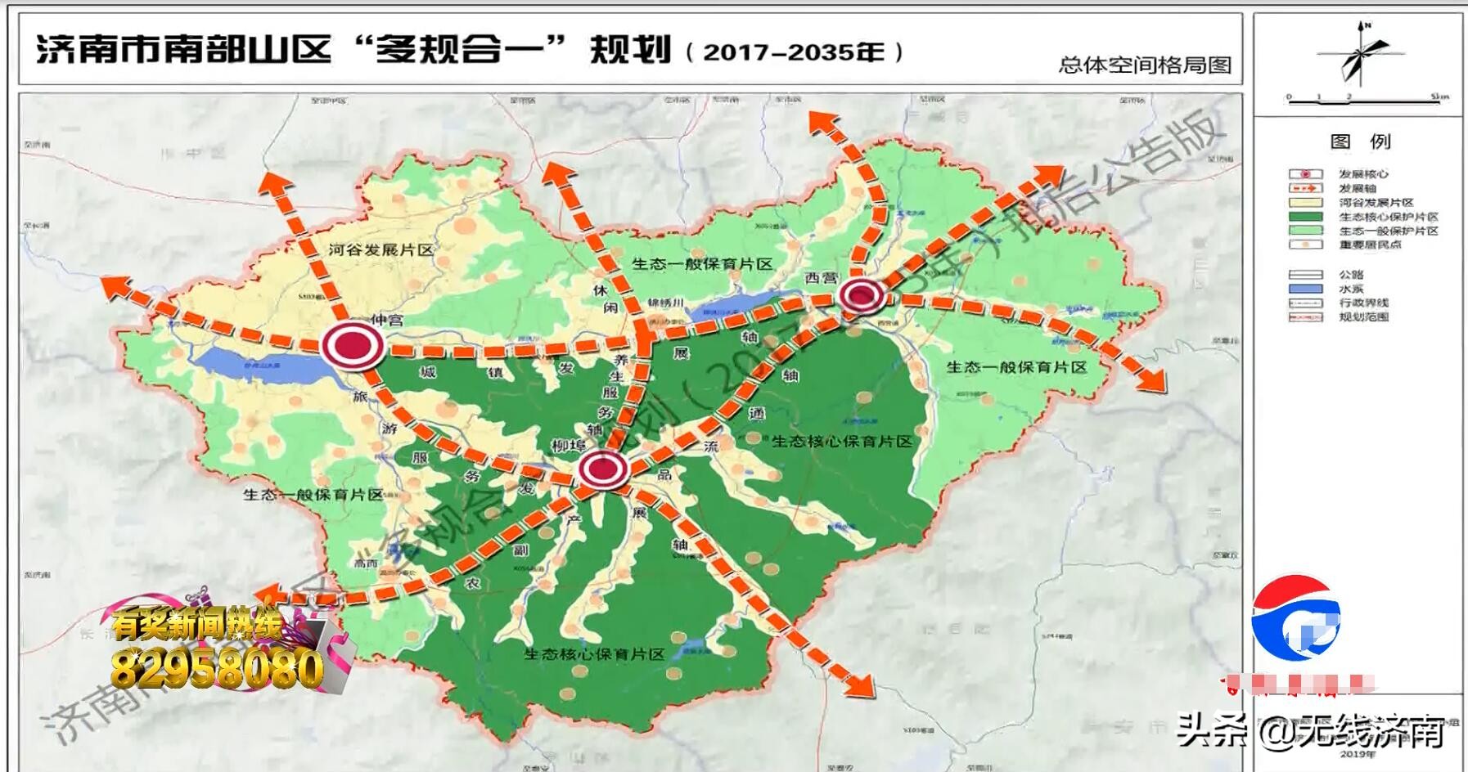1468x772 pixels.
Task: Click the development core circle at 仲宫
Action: coord(353,346)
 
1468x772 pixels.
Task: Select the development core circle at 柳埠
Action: coord(603,470)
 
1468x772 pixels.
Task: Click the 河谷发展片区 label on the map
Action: coord(381,249)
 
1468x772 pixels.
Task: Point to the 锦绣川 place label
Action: coord(664,303)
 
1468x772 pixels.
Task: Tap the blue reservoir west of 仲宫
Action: coord(270,364)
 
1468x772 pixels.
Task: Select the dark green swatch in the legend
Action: coord(1305,217)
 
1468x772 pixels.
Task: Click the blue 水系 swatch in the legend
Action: coord(1305,289)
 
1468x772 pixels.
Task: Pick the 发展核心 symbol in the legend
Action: coord(1305,174)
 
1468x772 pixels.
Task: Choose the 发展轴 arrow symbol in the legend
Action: coord(1305,188)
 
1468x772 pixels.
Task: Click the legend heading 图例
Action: coord(1360,141)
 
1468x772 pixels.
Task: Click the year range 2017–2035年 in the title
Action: coord(794,52)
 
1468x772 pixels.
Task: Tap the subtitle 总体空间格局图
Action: coord(1145,65)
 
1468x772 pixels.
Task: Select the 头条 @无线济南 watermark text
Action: coord(1309,730)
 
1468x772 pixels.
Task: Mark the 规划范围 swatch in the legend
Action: coord(1305,317)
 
